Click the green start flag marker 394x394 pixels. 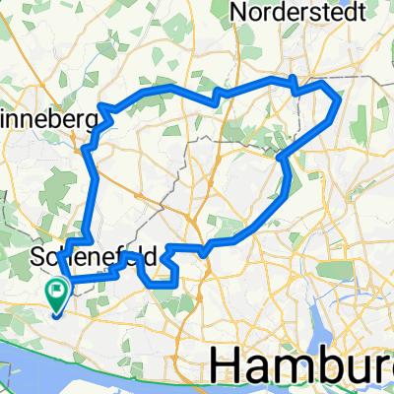[x=57, y=294]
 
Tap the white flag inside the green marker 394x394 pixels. [x=57, y=290]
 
